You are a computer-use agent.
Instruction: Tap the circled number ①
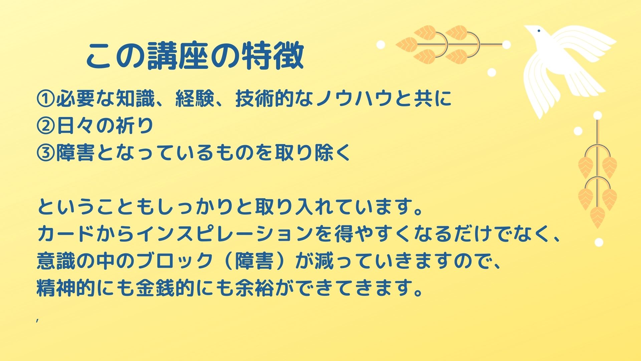click(x=46, y=99)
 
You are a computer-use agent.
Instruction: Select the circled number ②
click(x=46, y=126)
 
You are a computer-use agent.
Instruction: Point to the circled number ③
click(x=46, y=153)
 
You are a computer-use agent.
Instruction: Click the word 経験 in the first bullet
click(x=195, y=99)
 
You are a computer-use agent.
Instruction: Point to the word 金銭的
click(x=165, y=288)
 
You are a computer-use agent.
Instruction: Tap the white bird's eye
click(x=539, y=31)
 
